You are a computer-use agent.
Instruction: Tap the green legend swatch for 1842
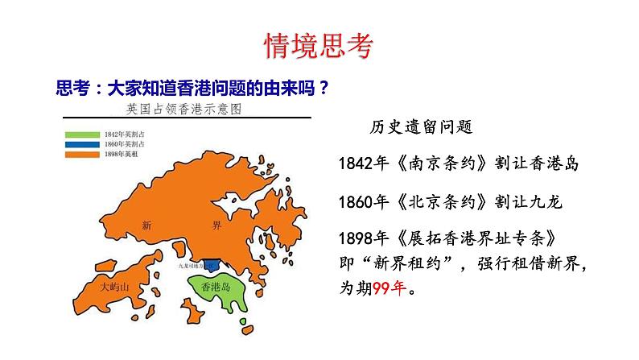[83, 133]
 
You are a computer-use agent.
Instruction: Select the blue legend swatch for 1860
[83, 143]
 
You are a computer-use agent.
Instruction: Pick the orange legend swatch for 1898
[83, 152]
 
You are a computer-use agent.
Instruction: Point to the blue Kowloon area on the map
[212, 264]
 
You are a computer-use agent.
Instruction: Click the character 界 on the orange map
[229, 225]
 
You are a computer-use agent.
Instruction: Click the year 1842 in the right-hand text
[355, 164]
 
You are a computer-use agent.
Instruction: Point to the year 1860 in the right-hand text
[355, 201]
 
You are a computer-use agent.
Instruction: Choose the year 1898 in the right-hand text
[355, 238]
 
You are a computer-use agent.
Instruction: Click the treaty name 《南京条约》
[435, 164]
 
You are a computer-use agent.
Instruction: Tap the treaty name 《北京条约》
[435, 201]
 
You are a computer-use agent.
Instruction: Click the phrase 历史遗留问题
[420, 127]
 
